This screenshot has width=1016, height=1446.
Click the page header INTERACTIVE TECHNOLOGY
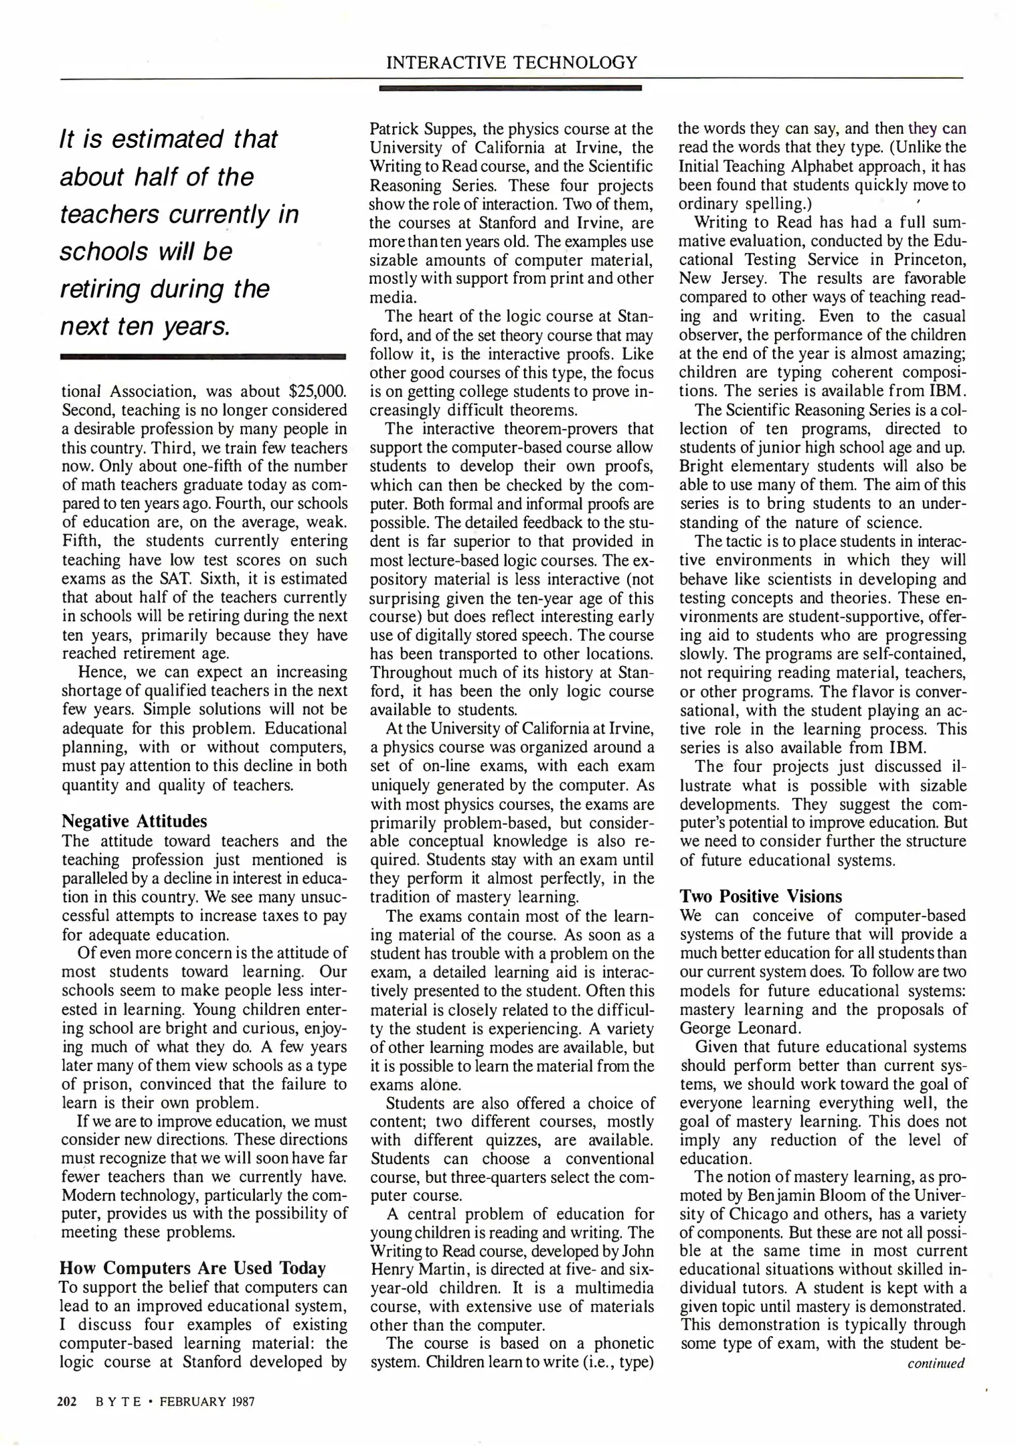tap(512, 63)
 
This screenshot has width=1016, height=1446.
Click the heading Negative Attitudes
tap(134, 821)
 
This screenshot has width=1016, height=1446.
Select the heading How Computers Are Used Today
tap(193, 1268)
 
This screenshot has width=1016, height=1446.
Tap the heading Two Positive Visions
tap(761, 896)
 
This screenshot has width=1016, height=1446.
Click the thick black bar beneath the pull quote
tap(203, 357)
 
